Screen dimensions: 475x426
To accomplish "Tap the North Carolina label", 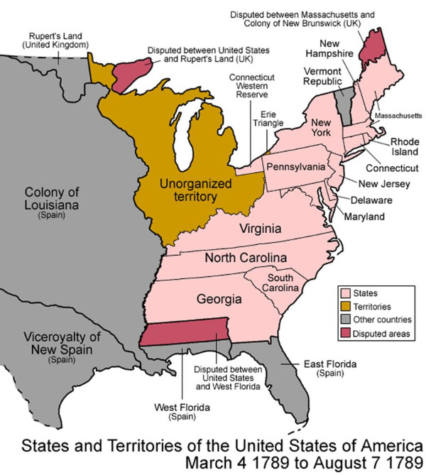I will [x=246, y=257].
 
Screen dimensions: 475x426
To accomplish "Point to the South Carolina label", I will [x=288, y=283].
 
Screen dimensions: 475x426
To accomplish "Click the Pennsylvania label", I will [x=295, y=167].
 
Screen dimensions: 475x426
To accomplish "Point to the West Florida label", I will [x=182, y=411].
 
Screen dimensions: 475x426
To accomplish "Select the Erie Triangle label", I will [x=268, y=118].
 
